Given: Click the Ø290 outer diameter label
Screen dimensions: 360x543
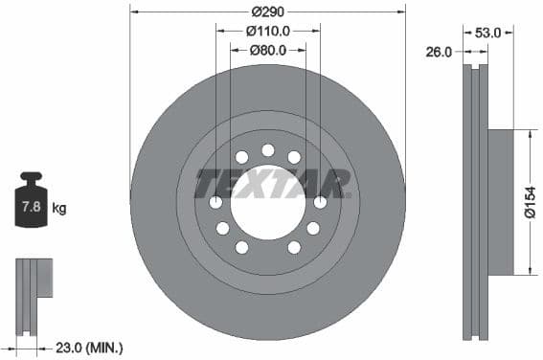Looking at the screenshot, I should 267,11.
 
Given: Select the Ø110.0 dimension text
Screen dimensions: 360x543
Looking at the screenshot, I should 267,31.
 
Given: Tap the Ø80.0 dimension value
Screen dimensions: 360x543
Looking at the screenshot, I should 268,50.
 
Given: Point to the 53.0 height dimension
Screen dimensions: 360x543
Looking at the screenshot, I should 488,33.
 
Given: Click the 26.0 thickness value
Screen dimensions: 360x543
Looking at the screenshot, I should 439,53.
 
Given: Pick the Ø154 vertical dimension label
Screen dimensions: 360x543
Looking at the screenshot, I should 531,201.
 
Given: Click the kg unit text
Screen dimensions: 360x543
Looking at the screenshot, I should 58,208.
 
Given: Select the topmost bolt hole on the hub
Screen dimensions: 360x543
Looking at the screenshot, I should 267,149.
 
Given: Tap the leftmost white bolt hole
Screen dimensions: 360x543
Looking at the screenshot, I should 215,202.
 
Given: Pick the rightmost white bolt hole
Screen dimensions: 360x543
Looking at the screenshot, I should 320,202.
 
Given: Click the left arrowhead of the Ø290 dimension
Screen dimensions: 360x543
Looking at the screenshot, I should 133,11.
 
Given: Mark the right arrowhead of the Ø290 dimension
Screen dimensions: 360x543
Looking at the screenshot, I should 402,11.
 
